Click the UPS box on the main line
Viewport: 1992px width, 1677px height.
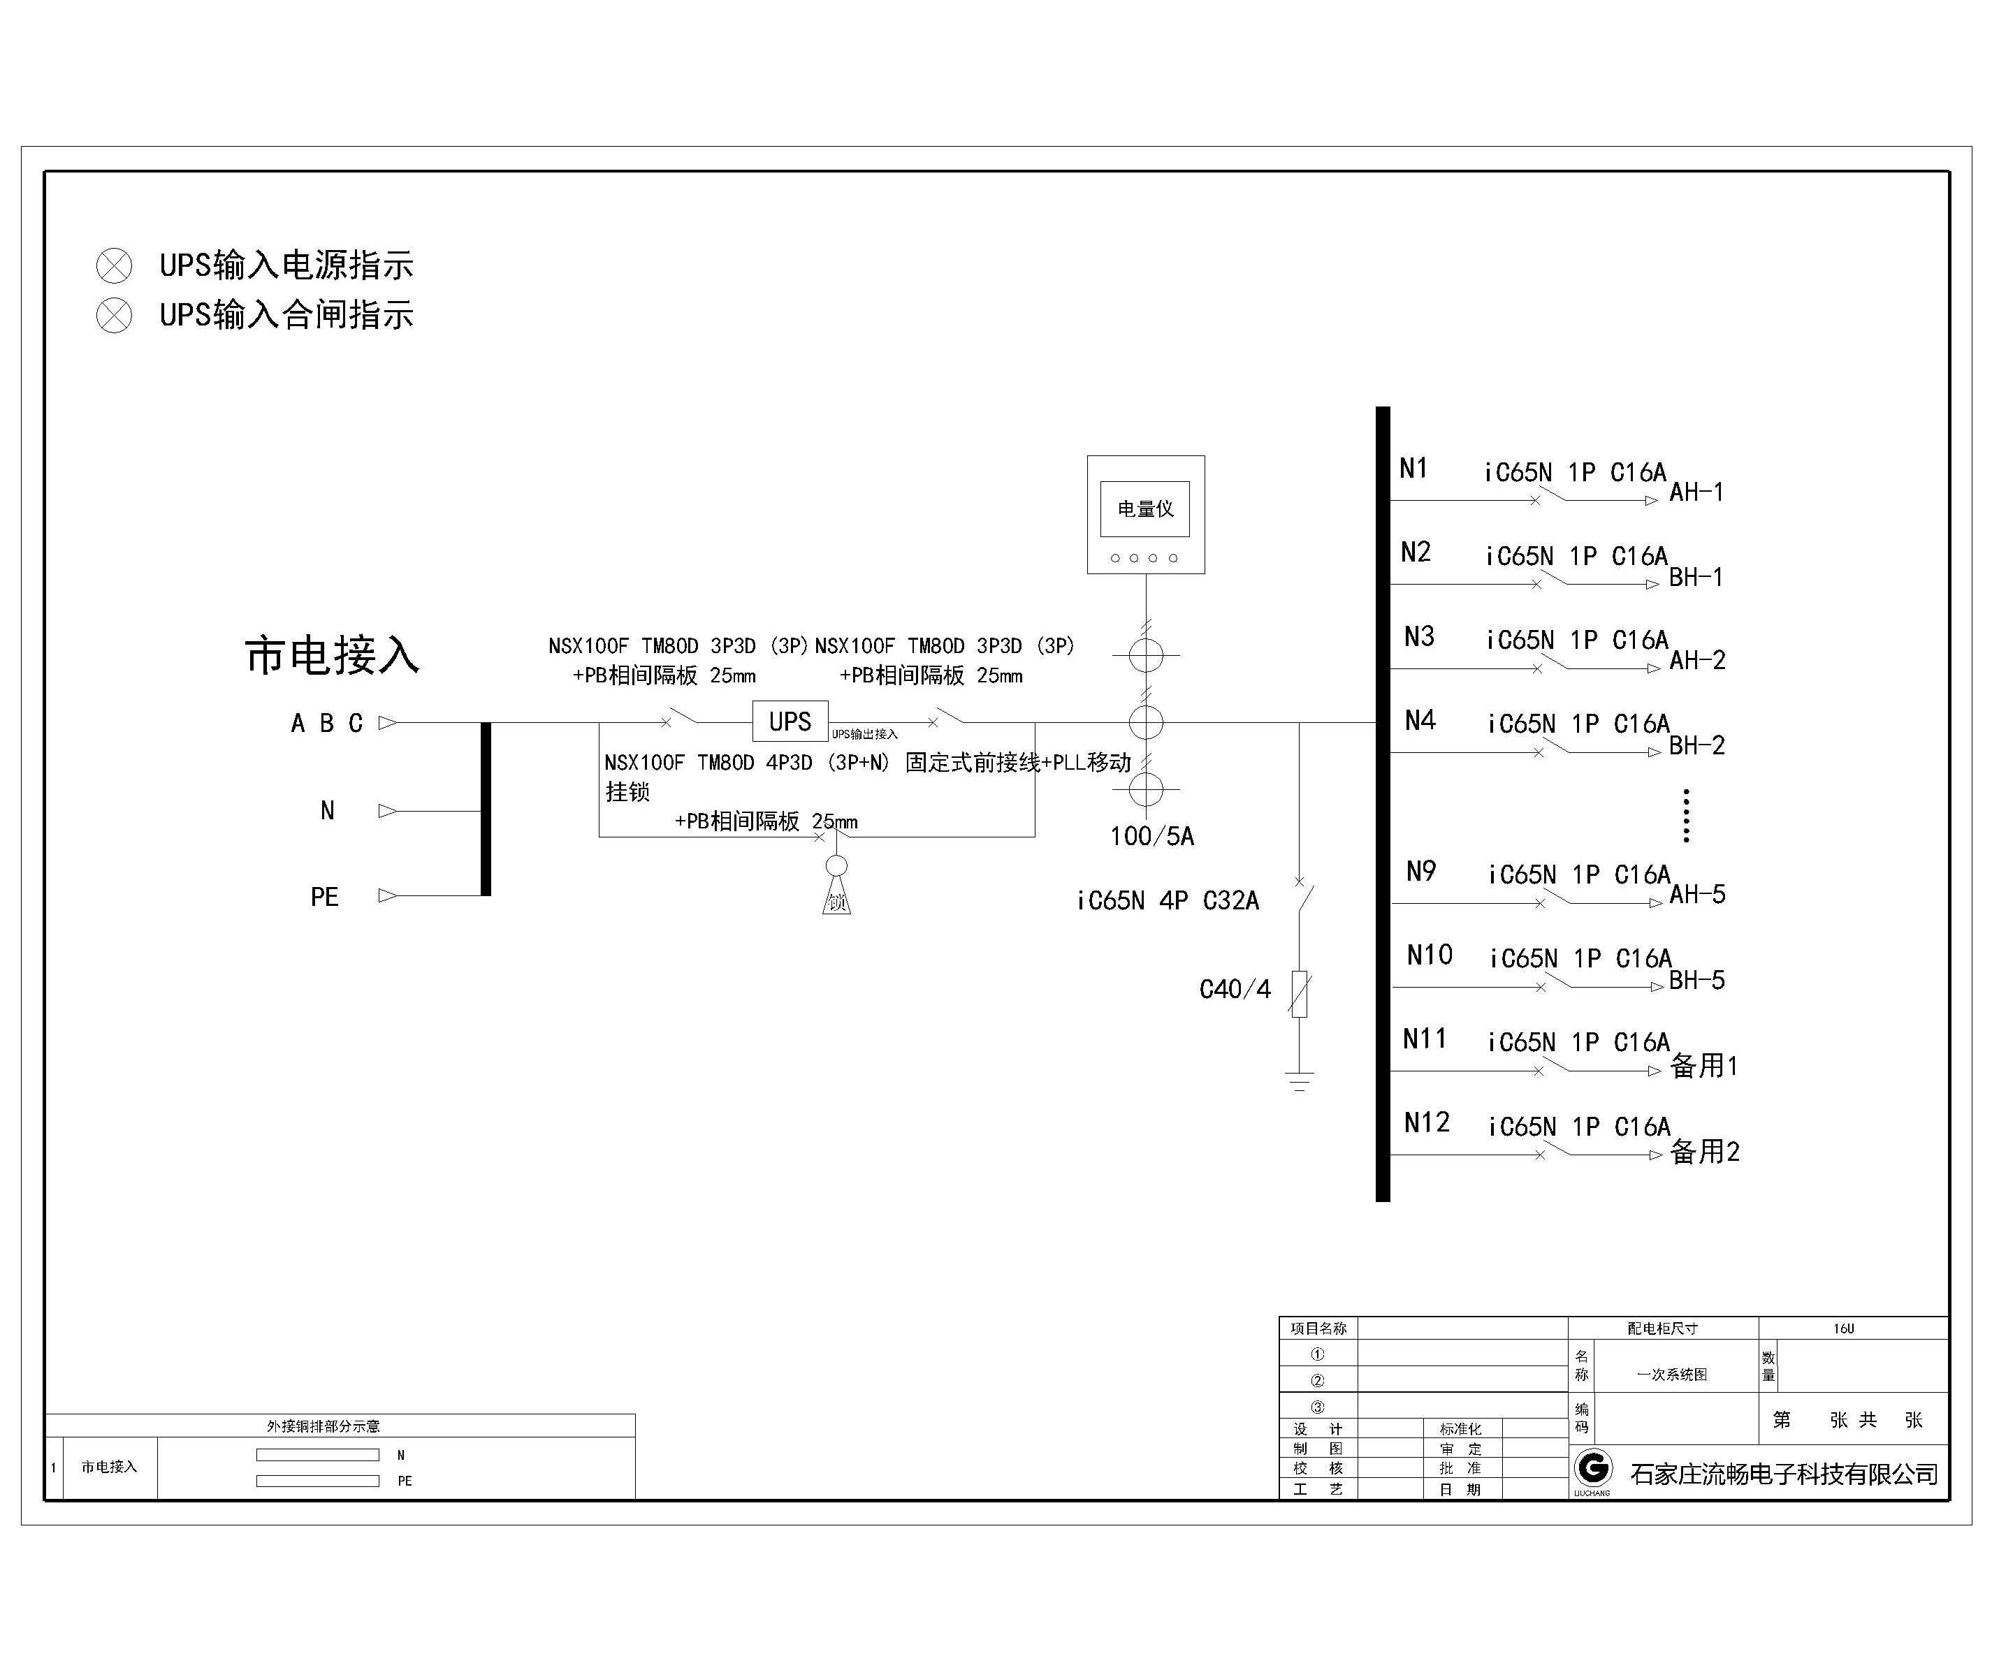click(790, 722)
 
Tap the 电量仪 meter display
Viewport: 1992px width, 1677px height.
click(1146, 514)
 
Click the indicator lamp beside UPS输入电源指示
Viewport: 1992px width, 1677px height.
click(114, 266)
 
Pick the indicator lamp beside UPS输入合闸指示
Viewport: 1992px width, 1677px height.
click(114, 316)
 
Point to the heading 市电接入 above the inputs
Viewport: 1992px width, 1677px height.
click(332, 656)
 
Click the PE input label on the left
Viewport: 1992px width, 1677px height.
click(324, 898)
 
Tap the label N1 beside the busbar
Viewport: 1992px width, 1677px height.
click(1413, 468)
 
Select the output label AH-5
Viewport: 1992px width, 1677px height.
click(1697, 895)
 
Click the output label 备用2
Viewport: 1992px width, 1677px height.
click(1705, 1152)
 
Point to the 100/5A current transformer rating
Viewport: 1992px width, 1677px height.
click(1151, 837)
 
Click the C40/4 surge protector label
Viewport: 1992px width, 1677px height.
click(1235, 990)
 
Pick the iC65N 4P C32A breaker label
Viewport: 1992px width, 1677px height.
click(1168, 900)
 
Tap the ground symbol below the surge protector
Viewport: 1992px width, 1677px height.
click(1300, 1081)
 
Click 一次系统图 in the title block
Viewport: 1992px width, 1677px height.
click(1671, 1375)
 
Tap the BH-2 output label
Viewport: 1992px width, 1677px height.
click(1697, 746)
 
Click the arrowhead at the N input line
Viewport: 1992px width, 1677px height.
click(388, 811)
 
